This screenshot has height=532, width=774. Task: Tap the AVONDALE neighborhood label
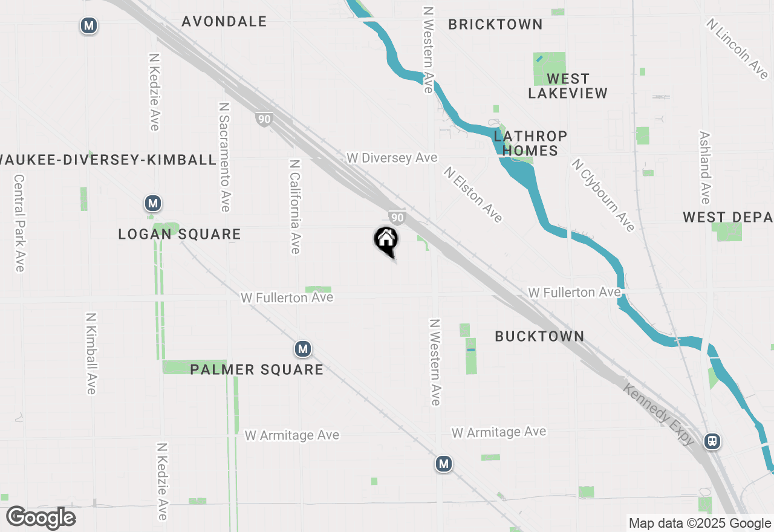coord(224,22)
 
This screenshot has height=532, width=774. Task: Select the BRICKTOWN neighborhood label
coord(495,25)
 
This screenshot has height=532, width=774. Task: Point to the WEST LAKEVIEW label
coord(568,86)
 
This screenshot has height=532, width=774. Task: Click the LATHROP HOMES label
coord(530,143)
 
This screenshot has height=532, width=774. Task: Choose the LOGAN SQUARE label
coord(180,235)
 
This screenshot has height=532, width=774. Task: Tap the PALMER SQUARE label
coord(257,369)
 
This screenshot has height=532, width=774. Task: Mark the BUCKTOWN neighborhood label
coord(539,337)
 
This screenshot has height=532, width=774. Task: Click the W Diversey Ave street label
coord(392,158)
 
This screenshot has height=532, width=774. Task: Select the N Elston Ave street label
coord(473,195)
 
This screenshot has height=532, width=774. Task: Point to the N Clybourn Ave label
coord(603,195)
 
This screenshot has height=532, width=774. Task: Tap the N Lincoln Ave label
coord(737,48)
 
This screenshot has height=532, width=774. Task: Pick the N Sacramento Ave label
coord(225,156)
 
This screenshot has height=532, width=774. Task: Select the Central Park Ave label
coord(19,223)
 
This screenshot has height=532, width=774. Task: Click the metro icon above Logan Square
coord(153,204)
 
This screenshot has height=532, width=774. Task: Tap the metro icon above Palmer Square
coord(303,349)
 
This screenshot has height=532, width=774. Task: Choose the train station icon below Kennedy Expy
coord(713,441)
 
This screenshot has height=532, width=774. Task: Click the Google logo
coord(41,517)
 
